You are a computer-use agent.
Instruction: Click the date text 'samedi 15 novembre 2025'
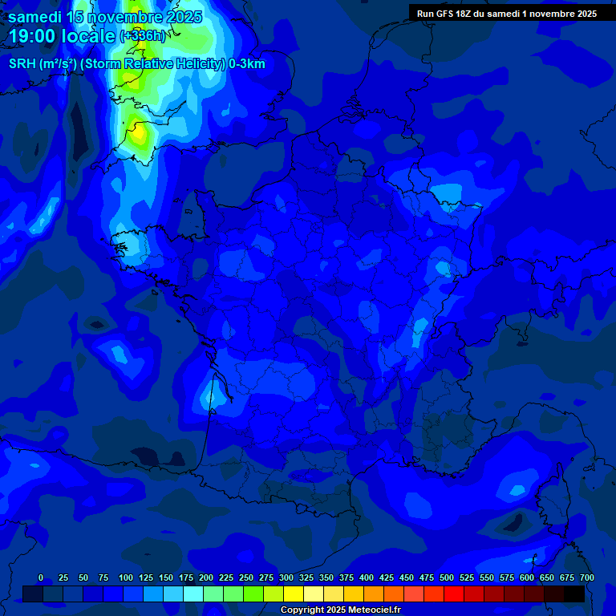(x=105, y=17)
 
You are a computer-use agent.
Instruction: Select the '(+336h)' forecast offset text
(x=142, y=36)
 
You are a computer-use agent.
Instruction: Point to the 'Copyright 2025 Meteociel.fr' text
(x=340, y=610)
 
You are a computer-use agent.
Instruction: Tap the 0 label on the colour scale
(x=41, y=577)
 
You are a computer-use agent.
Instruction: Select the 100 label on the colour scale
(x=126, y=577)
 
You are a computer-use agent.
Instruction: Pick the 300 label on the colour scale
(x=286, y=577)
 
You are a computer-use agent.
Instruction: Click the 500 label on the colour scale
(x=447, y=577)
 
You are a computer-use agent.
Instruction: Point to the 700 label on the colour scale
(x=586, y=577)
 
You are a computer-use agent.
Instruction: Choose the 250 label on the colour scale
(x=246, y=577)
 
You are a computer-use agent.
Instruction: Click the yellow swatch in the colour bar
(x=294, y=594)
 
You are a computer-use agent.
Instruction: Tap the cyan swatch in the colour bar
(x=193, y=594)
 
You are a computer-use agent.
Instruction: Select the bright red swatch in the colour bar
(x=454, y=594)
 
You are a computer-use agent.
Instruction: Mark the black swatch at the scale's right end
(x=574, y=594)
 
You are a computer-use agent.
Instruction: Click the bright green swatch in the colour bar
(x=253, y=594)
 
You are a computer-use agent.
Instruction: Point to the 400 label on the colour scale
(x=367, y=577)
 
